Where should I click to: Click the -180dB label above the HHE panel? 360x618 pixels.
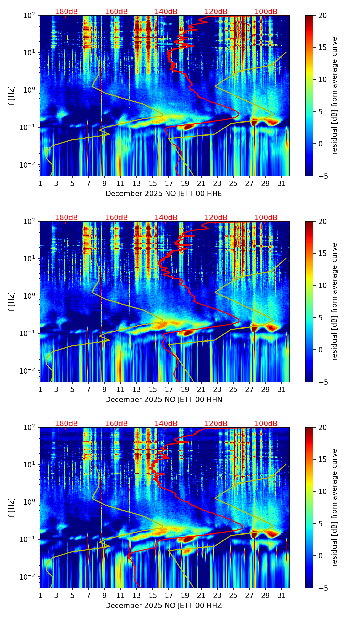(x=65, y=12)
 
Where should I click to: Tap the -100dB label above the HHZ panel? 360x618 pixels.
(x=265, y=424)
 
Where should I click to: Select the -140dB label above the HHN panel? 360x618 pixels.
(x=165, y=218)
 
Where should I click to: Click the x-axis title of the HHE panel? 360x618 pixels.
(x=164, y=194)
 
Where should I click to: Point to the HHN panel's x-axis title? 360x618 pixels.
(x=164, y=400)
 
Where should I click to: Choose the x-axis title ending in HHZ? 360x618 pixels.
(x=164, y=606)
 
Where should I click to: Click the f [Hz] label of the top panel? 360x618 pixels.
(x=12, y=96)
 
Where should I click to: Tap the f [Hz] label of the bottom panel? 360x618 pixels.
(x=12, y=508)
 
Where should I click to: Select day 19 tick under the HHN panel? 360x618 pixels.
(x=185, y=390)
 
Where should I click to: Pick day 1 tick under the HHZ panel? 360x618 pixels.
(x=40, y=596)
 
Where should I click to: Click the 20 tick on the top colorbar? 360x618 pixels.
(x=322, y=16)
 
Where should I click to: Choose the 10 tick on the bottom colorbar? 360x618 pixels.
(x=322, y=491)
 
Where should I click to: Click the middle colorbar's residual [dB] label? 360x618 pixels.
(x=334, y=301)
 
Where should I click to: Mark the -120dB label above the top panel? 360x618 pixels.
(x=215, y=12)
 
